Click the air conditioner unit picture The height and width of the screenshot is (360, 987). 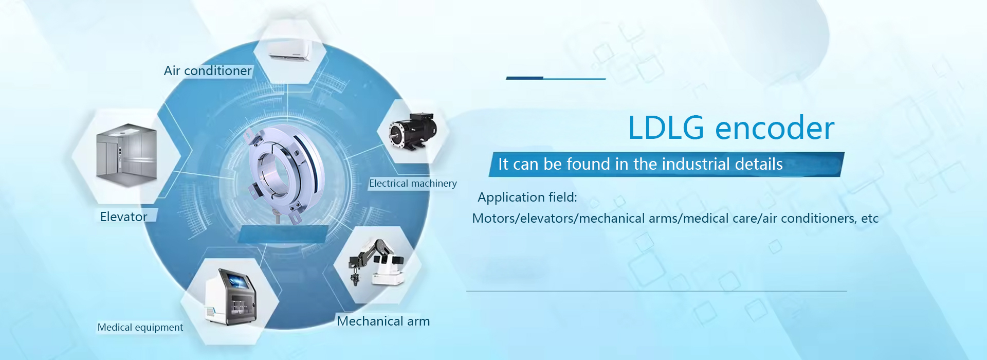(x=289, y=50)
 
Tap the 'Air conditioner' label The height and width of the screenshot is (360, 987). (x=208, y=71)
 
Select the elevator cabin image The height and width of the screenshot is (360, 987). (x=126, y=152)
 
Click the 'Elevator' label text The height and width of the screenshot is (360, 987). (x=123, y=217)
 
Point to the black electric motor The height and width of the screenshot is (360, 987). (x=413, y=131)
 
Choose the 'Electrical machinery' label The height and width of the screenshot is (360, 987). (x=413, y=184)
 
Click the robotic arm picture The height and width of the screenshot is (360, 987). (x=376, y=262)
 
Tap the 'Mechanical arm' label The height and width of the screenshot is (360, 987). (x=383, y=321)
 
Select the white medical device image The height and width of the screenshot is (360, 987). (x=231, y=297)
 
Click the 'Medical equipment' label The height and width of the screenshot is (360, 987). (x=140, y=328)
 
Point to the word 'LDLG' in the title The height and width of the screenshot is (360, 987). (x=666, y=128)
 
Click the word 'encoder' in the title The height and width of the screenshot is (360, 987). (x=775, y=128)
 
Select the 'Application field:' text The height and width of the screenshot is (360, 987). (x=527, y=197)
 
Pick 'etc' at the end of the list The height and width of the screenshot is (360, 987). (x=870, y=219)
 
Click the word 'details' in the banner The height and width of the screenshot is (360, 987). (x=759, y=164)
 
